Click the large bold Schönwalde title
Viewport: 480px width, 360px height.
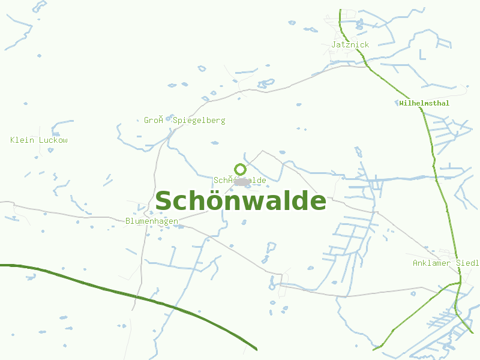pos(241,201)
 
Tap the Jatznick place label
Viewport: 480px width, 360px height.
pos(350,44)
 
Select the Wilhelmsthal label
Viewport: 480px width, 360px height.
pos(424,103)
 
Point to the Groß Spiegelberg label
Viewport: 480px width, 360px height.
pos(185,120)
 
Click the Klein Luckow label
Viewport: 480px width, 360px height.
pos(39,140)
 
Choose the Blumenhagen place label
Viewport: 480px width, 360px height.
pos(152,221)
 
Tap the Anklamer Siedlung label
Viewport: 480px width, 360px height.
pos(445,263)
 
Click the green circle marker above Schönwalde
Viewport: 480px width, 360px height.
pos(240,169)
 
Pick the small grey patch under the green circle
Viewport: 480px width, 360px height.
pos(241,181)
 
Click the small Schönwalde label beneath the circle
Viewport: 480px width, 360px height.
pos(240,180)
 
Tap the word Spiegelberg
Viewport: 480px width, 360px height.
pos(199,120)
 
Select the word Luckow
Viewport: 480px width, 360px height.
pos(53,140)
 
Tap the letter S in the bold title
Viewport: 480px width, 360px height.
pos(164,201)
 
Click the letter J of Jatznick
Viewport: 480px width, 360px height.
pos(334,44)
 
